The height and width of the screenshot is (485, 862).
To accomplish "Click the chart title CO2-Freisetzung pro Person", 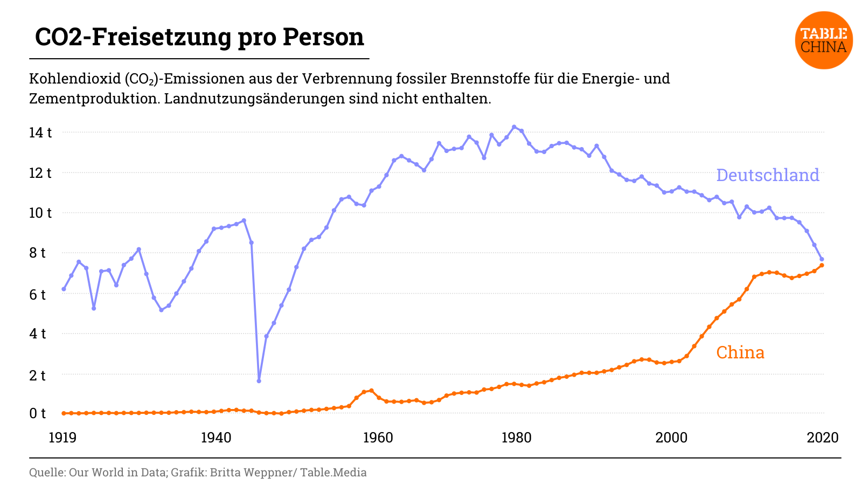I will tap(199, 37).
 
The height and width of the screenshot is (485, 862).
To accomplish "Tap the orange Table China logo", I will tap(823, 40).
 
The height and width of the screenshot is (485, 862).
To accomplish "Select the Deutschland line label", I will tap(767, 175).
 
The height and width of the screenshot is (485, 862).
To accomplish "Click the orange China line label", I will tap(740, 352).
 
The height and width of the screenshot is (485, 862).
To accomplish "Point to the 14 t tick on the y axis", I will tap(40, 133).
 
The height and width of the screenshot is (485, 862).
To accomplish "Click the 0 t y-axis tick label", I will tap(37, 413).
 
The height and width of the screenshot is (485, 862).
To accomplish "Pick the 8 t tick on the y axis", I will tap(37, 253).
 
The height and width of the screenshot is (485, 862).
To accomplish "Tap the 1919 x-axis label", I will tap(62, 438).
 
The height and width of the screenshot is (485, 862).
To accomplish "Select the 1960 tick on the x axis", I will tap(378, 438).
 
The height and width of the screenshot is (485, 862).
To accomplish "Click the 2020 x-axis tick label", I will tap(822, 438).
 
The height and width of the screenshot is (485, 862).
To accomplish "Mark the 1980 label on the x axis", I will tap(516, 438).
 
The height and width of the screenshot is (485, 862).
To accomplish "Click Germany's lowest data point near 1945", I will tap(259, 381).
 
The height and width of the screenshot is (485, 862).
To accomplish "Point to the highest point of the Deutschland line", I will tap(514, 127).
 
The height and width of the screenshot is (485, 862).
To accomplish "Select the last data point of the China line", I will tap(822, 265).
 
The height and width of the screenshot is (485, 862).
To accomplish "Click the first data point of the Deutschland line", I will tap(64, 289).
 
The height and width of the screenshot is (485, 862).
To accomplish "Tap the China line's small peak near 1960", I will tap(371, 391).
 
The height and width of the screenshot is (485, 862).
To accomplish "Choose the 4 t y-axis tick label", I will tap(37, 334).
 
